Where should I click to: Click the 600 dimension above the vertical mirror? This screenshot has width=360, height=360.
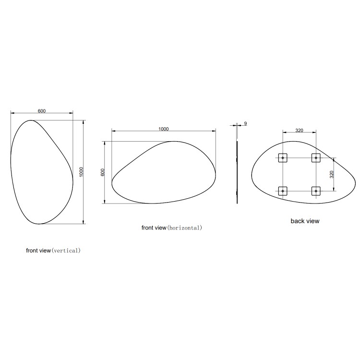tap(42, 111)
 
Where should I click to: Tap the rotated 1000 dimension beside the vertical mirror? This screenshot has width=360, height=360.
tap(81, 172)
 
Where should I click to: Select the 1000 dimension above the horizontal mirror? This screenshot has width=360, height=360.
tap(164, 129)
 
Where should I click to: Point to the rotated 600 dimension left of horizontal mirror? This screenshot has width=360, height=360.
tap(103, 172)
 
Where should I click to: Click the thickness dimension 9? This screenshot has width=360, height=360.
tap(245, 123)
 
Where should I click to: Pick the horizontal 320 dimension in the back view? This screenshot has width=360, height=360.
tap(299, 131)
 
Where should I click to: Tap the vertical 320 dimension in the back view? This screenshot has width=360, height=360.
tap(332, 175)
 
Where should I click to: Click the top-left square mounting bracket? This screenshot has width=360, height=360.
tap(283, 158)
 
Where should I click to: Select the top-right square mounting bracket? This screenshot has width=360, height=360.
tap(316, 158)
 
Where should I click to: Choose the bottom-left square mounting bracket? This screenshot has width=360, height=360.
tap(283, 191)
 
